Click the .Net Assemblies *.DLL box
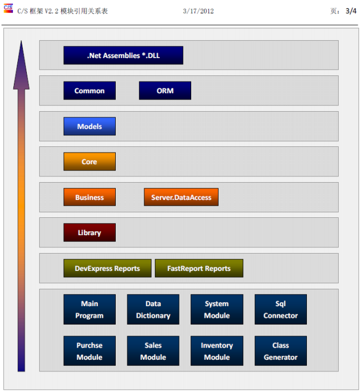click(123, 55)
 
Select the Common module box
click(89, 90)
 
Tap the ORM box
click(165, 90)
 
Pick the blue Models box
click(89, 126)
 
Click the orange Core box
click(89, 161)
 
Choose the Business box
click(89, 197)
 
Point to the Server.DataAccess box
click(181, 197)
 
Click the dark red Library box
click(89, 232)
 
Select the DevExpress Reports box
click(107, 268)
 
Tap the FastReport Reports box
click(198, 268)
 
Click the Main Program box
click(89, 309)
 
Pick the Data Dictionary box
click(153, 309)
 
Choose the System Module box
click(217, 309)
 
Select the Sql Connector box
click(281, 309)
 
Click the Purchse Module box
click(89, 351)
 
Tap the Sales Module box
click(153, 351)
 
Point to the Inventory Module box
click(217, 351)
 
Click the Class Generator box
click(281, 351)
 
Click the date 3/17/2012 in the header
click(198, 11)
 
